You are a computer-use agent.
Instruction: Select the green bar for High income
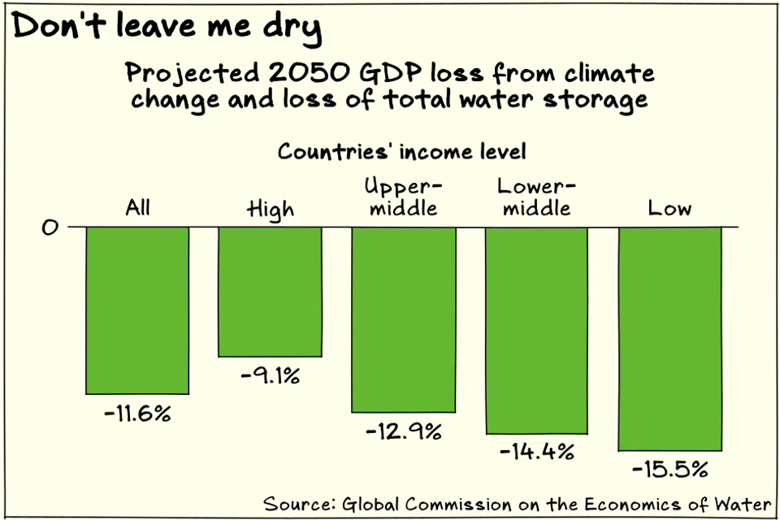point(270,292)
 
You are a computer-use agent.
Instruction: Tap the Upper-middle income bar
point(403,319)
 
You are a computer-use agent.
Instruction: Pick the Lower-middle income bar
point(536,330)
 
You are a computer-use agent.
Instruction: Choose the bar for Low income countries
point(669,338)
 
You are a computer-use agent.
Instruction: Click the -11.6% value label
point(137,413)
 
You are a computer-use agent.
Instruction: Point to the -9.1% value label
point(270,376)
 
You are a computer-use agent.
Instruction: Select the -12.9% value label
point(403,431)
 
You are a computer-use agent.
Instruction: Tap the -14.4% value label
point(536,450)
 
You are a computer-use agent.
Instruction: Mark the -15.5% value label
point(669,469)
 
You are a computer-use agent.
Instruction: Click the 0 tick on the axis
point(50,227)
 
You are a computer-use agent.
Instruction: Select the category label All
point(137,208)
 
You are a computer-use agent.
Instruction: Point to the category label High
point(270,210)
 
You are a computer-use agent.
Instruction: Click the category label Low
point(669,208)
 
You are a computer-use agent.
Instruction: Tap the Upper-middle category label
point(401,197)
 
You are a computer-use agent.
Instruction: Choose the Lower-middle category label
point(534,197)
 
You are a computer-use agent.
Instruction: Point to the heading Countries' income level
point(401,151)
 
